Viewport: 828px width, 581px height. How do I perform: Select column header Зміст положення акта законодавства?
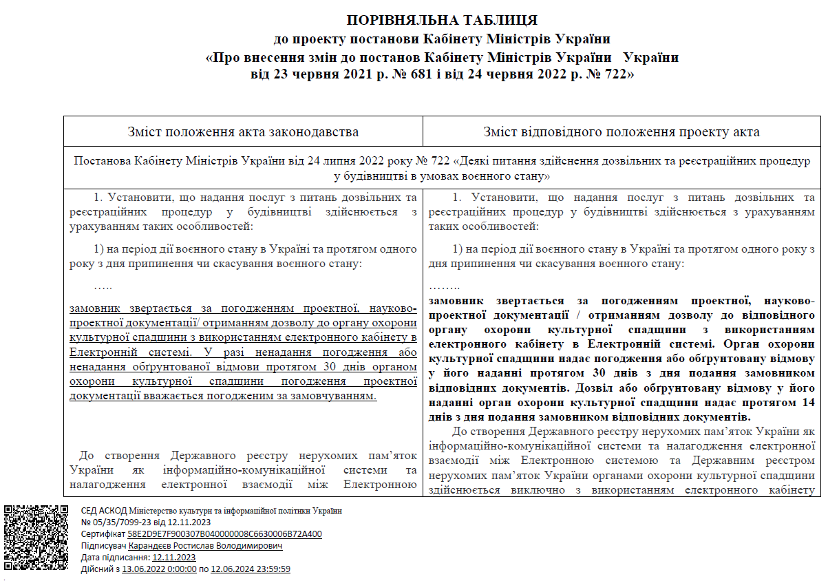point(243,131)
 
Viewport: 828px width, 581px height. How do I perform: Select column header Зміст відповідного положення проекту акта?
point(622,131)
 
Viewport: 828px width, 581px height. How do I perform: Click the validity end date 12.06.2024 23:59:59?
point(251,569)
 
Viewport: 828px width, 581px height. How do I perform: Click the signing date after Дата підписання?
point(174,557)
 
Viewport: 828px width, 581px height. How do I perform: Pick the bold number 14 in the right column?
point(806,402)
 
